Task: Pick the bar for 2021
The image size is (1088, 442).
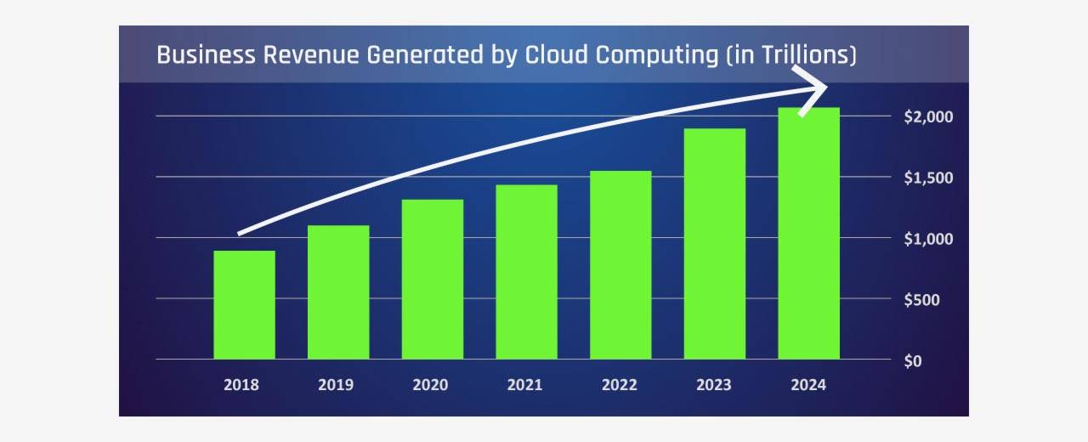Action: (527, 272)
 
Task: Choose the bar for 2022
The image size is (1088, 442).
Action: (620, 265)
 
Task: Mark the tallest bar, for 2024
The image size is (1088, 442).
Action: (809, 233)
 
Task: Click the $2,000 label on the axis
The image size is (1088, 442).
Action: (929, 116)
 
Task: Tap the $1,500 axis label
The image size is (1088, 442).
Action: (929, 178)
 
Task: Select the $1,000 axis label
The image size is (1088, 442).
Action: (929, 239)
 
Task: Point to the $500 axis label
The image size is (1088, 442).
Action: (922, 300)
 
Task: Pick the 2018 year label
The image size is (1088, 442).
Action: (241, 385)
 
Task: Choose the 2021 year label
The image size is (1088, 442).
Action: (524, 385)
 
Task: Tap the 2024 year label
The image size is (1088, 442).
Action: (807, 385)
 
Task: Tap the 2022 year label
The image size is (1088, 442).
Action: (619, 385)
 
